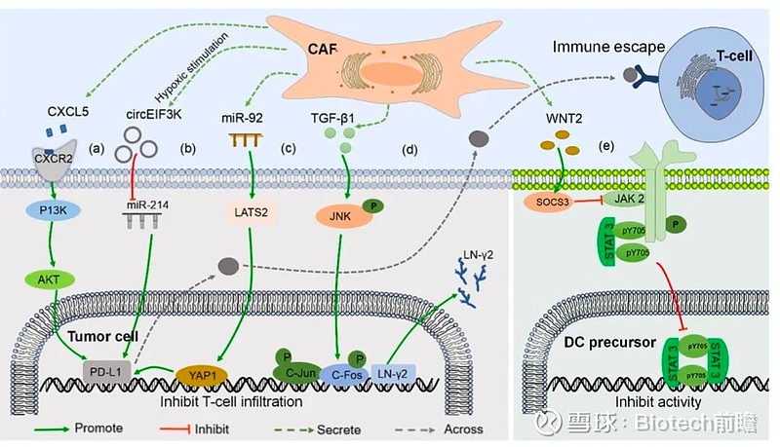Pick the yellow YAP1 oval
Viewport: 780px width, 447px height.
pos(203,372)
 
